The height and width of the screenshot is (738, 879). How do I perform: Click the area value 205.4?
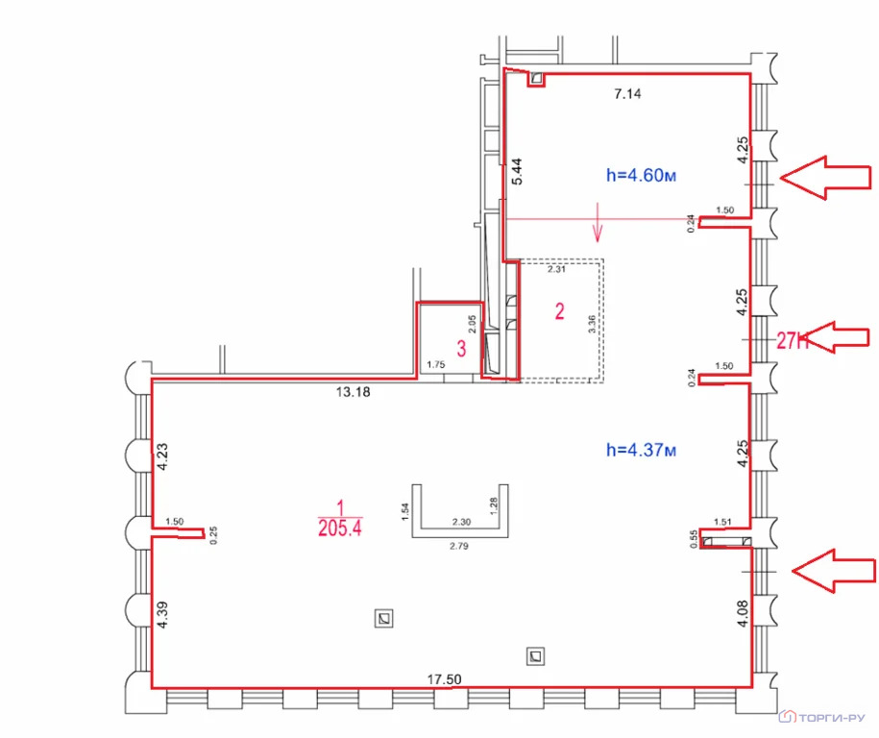(340, 528)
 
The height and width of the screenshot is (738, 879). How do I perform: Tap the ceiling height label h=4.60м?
(642, 175)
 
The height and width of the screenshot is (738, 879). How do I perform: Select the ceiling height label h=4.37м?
(642, 450)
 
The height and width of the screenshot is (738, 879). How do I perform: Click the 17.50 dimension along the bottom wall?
(445, 679)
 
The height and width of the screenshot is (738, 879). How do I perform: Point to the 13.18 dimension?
(354, 391)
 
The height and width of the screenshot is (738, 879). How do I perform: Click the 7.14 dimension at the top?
(627, 93)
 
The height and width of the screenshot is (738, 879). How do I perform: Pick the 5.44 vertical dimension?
(516, 172)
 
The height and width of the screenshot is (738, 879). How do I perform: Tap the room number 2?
(559, 311)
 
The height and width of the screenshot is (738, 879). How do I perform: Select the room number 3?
(461, 348)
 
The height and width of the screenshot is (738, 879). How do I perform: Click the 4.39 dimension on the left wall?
(162, 615)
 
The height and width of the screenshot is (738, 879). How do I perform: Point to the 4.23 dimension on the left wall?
(162, 457)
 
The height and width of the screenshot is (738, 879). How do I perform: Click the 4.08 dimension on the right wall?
(743, 613)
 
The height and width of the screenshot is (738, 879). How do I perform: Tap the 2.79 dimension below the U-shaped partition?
(459, 546)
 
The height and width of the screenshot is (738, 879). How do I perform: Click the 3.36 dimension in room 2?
(592, 324)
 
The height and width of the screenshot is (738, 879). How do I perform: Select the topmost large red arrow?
(825, 177)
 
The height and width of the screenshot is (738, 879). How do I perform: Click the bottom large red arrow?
(834, 571)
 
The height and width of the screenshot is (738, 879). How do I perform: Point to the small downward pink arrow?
(598, 222)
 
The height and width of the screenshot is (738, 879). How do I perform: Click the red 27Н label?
(793, 340)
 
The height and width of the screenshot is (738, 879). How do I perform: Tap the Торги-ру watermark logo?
(822, 717)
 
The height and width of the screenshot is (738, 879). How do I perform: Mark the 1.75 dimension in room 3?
(435, 364)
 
